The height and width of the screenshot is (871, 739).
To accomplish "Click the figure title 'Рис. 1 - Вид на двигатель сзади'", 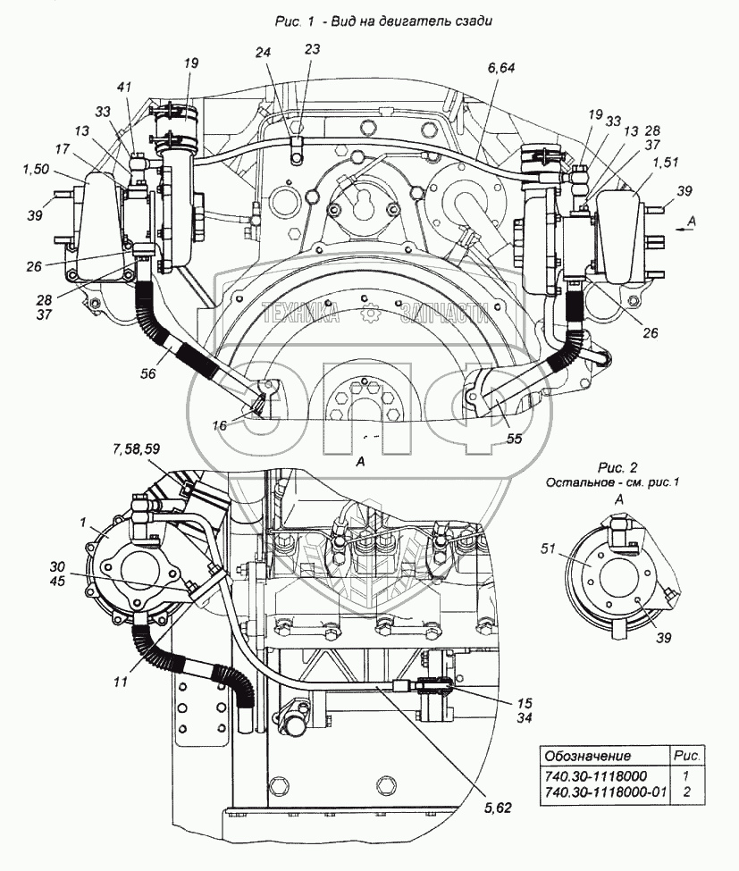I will click(371, 21).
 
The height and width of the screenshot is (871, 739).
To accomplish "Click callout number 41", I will click(124, 88).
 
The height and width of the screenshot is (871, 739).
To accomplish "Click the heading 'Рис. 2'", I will click(616, 467).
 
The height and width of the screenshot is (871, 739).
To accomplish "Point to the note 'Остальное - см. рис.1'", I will click(614, 482).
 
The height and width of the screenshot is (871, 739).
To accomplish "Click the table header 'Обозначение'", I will click(588, 756).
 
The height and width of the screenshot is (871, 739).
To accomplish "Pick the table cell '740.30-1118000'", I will click(595, 775).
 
